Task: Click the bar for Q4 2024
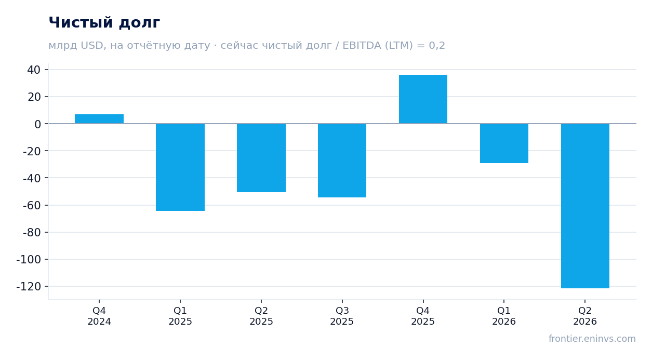[x=99, y=119]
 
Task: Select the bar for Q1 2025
[x=180, y=167]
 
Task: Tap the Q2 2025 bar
[x=261, y=158]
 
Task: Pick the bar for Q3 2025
[x=342, y=161]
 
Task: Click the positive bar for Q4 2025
[x=423, y=99]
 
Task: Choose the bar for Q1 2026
[x=504, y=143]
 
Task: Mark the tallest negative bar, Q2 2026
[x=585, y=206]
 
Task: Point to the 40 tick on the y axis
[x=34, y=70]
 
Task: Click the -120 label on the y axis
[x=29, y=286]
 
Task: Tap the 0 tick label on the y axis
[x=37, y=124]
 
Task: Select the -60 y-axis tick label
[x=32, y=206]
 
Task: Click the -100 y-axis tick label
[x=29, y=259]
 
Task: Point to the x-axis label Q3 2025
[x=342, y=316]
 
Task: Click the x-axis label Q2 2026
[x=585, y=316]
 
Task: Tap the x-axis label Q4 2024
[x=99, y=316]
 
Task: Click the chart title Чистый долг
[x=104, y=23]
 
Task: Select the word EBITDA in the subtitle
[x=362, y=45]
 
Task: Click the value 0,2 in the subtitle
[x=437, y=46]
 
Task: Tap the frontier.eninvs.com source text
[x=592, y=339]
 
